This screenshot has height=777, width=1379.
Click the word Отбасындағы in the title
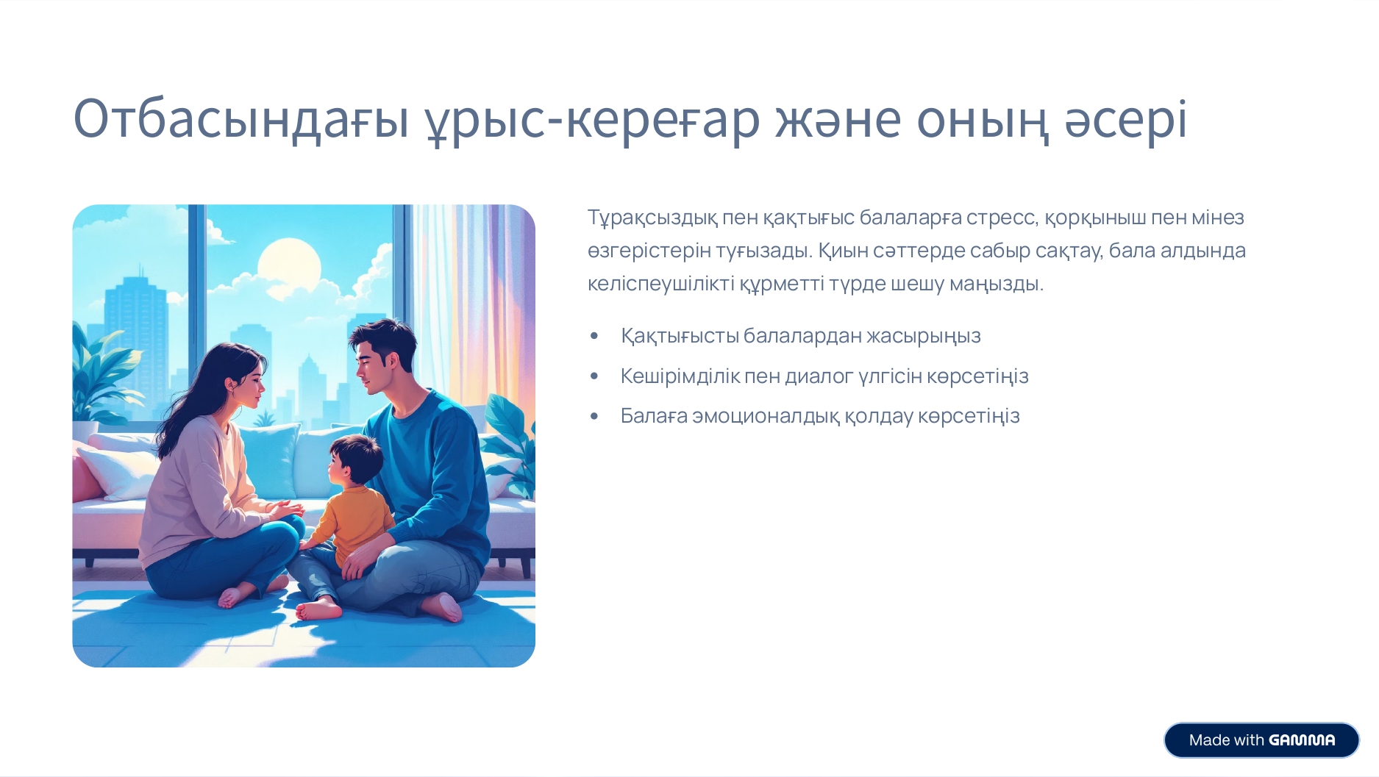(x=241, y=119)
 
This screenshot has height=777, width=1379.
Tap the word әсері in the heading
(x=1126, y=119)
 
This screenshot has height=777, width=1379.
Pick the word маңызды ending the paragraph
(x=997, y=284)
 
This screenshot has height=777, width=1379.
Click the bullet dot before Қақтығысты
(x=594, y=337)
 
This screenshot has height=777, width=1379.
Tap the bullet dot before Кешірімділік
(x=594, y=376)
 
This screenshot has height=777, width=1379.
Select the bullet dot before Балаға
(x=594, y=417)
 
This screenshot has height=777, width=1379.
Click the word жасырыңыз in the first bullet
(x=924, y=336)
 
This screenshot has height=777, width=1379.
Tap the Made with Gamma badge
(x=1261, y=740)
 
